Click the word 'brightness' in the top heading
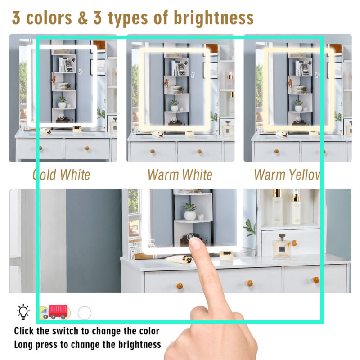[213, 18]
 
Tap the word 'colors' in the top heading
[49, 18]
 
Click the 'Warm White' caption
[180, 175]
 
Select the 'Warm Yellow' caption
[288, 175]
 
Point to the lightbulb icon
[23, 312]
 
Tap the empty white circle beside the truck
[85, 313]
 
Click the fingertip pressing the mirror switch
[195, 243]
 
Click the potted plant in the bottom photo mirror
[190, 212]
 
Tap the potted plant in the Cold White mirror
[62, 103]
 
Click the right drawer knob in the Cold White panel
[87, 148]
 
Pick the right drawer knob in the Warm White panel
[199, 152]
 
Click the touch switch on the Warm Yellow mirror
[298, 120]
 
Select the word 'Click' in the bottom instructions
[24, 331]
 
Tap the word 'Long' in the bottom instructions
[23, 345]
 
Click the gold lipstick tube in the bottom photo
[179, 260]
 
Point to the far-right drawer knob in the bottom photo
[316, 280]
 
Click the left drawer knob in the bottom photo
[180, 286]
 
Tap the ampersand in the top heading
[83, 18]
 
